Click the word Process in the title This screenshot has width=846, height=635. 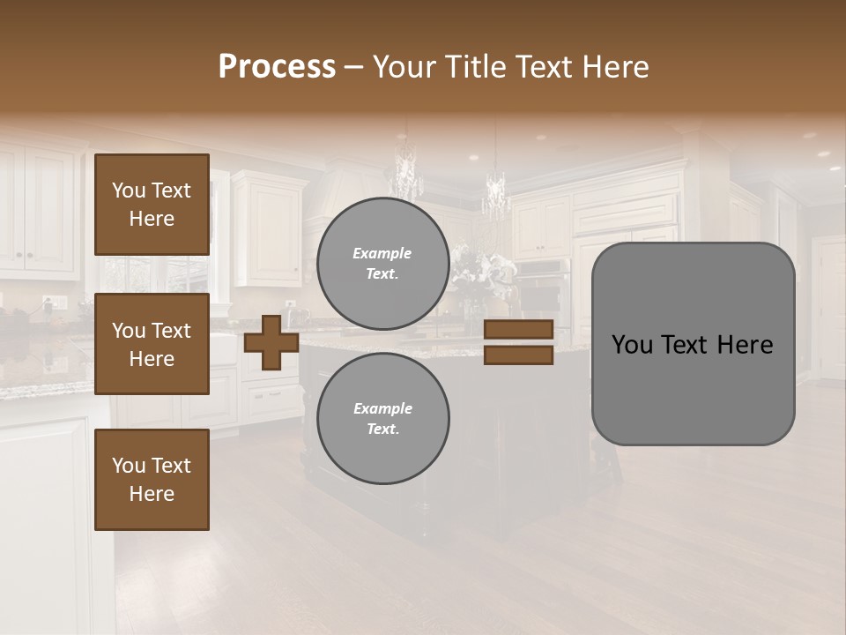tap(277, 67)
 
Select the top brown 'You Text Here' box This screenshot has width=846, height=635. tap(152, 205)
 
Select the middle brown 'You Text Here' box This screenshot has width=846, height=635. tap(152, 344)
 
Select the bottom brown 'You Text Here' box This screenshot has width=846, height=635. tap(152, 480)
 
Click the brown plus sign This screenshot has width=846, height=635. tap(271, 342)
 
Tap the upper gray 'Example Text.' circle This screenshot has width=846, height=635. tap(382, 264)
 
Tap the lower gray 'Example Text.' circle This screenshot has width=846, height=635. tap(382, 418)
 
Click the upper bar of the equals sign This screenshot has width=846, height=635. tap(518, 330)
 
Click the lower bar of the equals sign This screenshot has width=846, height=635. tap(518, 355)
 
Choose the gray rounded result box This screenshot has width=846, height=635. tap(693, 344)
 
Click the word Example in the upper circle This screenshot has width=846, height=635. tap(382, 253)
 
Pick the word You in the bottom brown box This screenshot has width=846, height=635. tap(128, 466)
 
